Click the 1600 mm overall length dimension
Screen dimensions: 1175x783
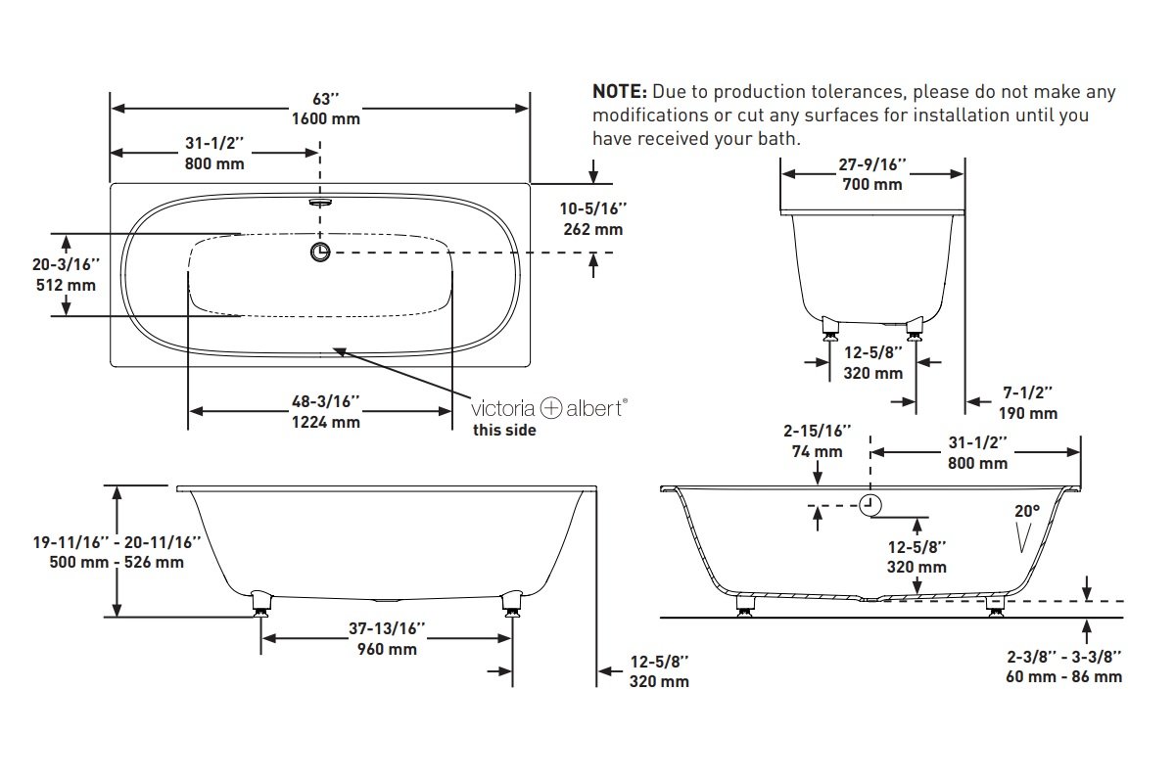(326, 118)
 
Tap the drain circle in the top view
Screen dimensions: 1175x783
(320, 253)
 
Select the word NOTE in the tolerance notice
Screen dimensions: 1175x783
(620, 91)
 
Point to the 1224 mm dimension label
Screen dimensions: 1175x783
(326, 422)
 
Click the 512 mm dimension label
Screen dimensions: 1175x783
(67, 285)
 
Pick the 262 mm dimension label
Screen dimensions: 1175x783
(593, 229)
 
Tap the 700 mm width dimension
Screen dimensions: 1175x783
(872, 184)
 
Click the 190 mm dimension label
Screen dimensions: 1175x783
(1027, 413)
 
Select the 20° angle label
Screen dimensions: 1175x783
(1027, 511)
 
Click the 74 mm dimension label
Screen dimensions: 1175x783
(818, 451)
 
